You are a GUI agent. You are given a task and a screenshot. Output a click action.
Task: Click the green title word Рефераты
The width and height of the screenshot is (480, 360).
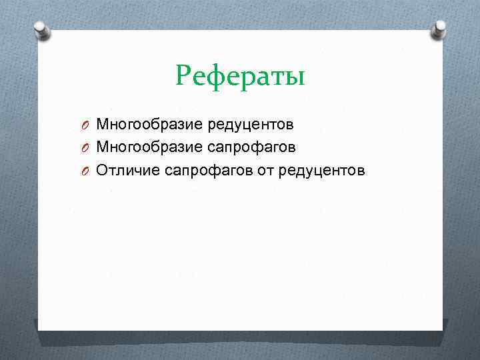240,76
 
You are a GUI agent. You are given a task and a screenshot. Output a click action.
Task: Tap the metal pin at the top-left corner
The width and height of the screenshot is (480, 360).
41,31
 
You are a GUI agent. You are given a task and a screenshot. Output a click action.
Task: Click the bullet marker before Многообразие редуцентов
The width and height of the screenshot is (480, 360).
87,125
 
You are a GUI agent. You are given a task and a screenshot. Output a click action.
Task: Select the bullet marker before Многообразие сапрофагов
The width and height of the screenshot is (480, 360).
87,147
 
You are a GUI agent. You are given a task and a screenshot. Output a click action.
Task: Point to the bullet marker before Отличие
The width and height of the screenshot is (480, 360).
87,171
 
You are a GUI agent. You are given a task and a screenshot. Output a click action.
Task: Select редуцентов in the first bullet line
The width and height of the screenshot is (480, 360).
251,124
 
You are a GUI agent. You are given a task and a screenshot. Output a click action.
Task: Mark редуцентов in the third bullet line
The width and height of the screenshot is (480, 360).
323,171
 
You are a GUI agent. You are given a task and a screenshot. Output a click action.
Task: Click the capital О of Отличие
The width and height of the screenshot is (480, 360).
102,171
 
